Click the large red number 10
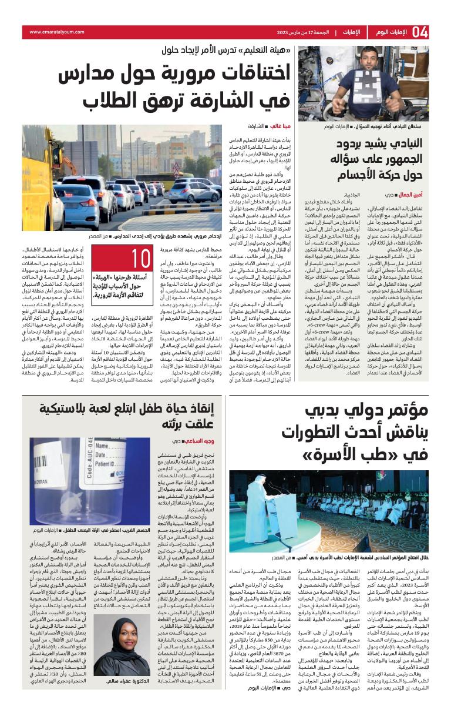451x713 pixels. pos(142,259)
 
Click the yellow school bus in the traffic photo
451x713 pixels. pos(42,177)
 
